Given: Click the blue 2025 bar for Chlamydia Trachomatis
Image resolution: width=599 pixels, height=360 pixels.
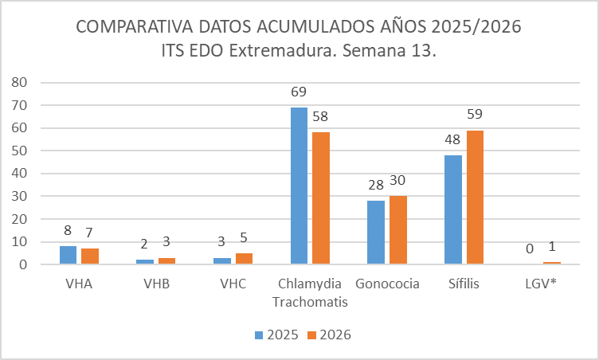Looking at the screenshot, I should (x=299, y=186).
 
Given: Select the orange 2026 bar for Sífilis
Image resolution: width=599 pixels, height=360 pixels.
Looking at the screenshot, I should (x=474, y=197).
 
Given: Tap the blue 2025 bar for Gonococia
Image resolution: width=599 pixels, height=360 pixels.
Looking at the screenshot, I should (x=375, y=232).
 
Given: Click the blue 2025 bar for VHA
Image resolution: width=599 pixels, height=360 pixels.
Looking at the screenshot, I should (x=69, y=255).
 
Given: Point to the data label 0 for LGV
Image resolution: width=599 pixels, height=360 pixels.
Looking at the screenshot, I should (x=530, y=250).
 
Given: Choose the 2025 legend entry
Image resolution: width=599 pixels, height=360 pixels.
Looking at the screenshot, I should (x=277, y=335).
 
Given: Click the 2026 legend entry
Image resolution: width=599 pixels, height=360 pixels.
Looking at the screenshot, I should (x=328, y=335).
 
